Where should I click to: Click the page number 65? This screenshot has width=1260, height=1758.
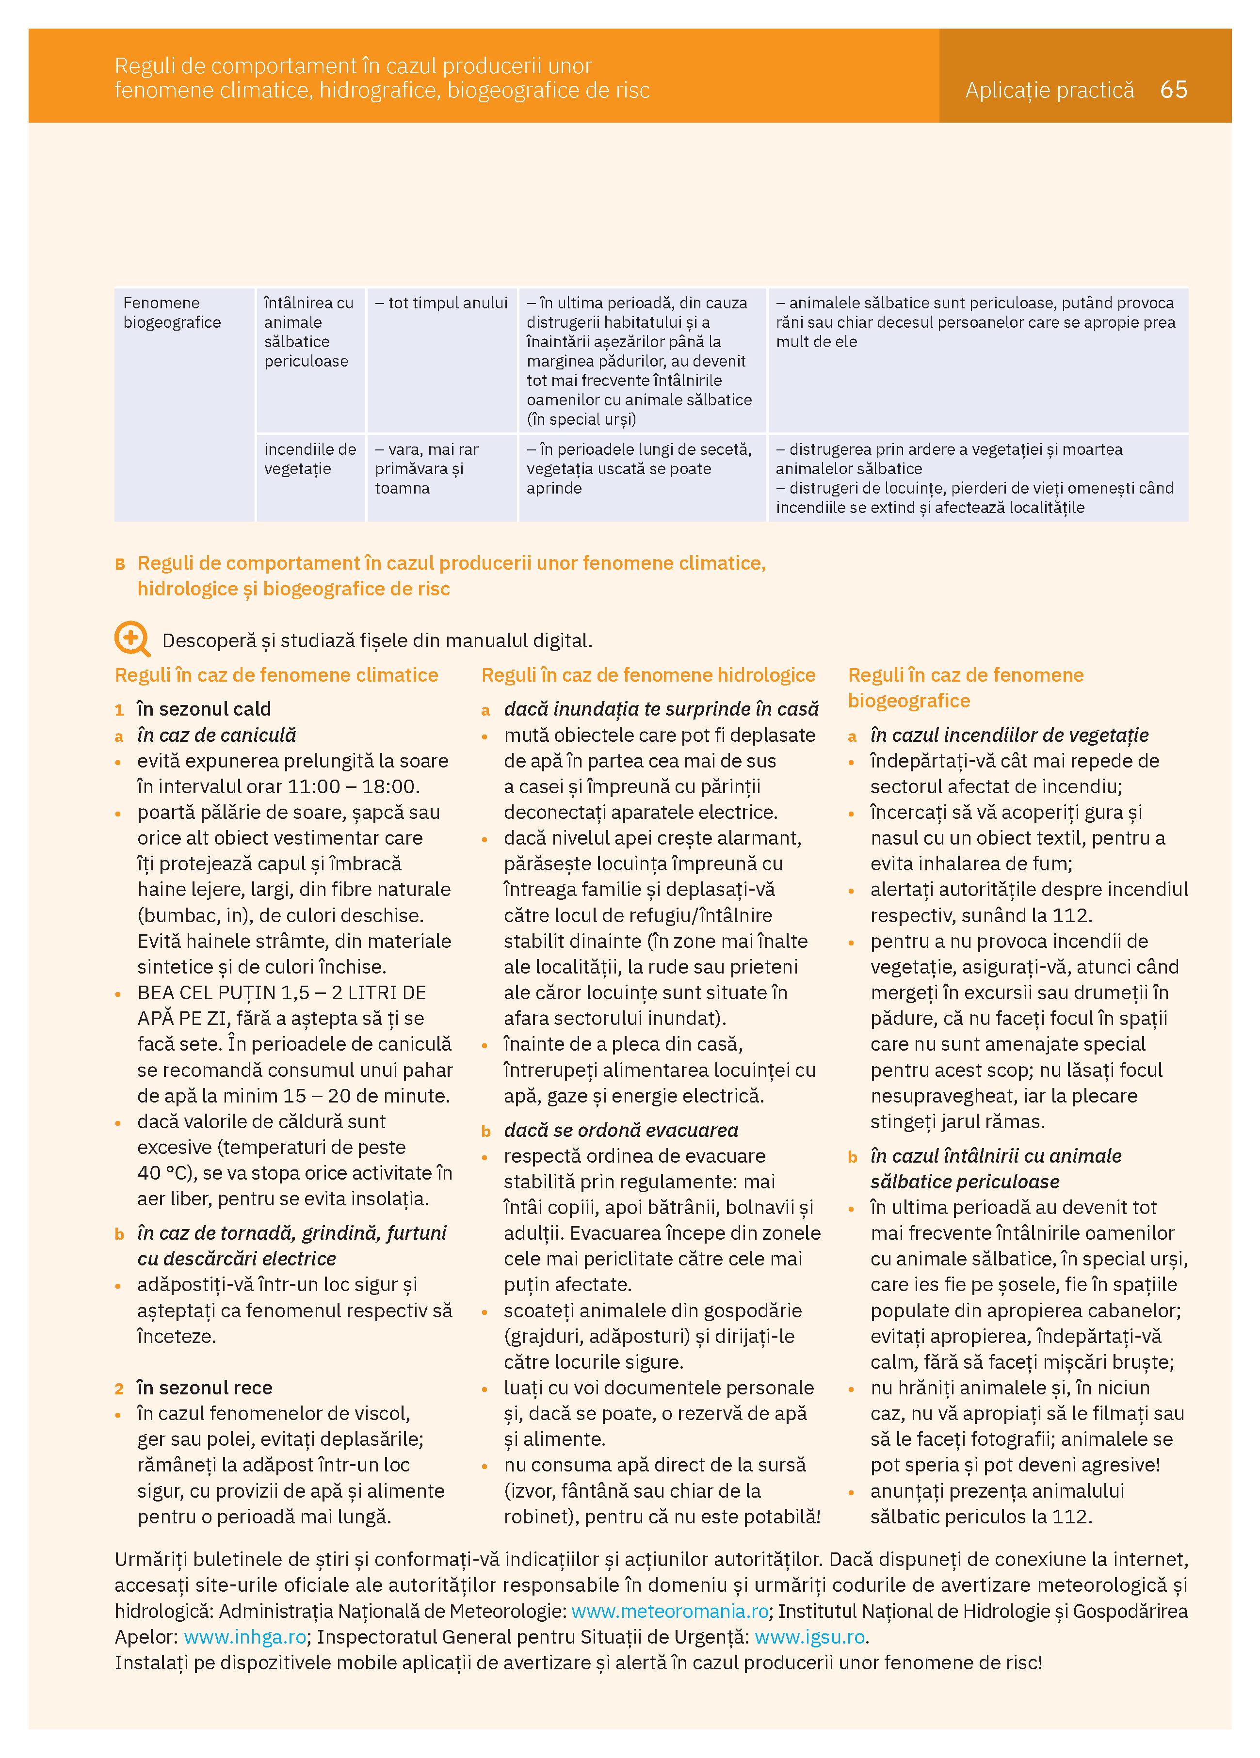pos(1173,90)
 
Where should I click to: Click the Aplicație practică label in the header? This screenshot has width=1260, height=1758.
pos(1049,91)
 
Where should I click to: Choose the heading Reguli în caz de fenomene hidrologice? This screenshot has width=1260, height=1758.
pos(648,675)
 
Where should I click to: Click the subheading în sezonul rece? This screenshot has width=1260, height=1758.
pos(205,1388)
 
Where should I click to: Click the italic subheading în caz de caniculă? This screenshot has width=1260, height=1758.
pos(216,735)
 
